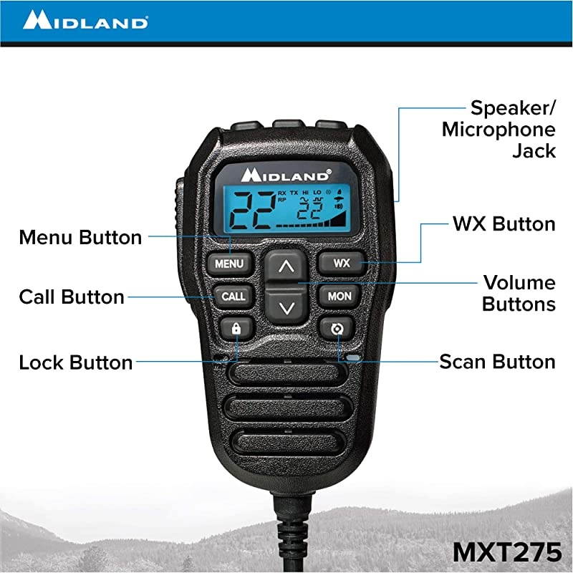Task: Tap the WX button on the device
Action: click(x=342, y=263)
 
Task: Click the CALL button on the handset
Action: click(x=233, y=296)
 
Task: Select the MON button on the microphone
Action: click(x=339, y=296)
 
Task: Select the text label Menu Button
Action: click(x=80, y=237)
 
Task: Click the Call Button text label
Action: click(x=72, y=297)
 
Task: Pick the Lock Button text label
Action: click(x=76, y=362)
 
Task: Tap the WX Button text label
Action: click(x=504, y=224)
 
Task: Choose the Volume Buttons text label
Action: click(x=519, y=293)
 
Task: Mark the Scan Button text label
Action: click(x=497, y=362)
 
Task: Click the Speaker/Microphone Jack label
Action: click(x=500, y=130)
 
